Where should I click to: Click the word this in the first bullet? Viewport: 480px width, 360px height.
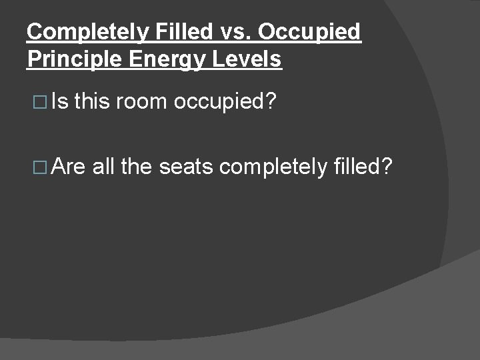93,102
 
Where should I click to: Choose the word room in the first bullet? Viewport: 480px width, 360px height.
144,102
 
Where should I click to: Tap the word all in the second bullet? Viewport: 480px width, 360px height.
104,166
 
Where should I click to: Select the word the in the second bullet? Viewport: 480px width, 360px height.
137,166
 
